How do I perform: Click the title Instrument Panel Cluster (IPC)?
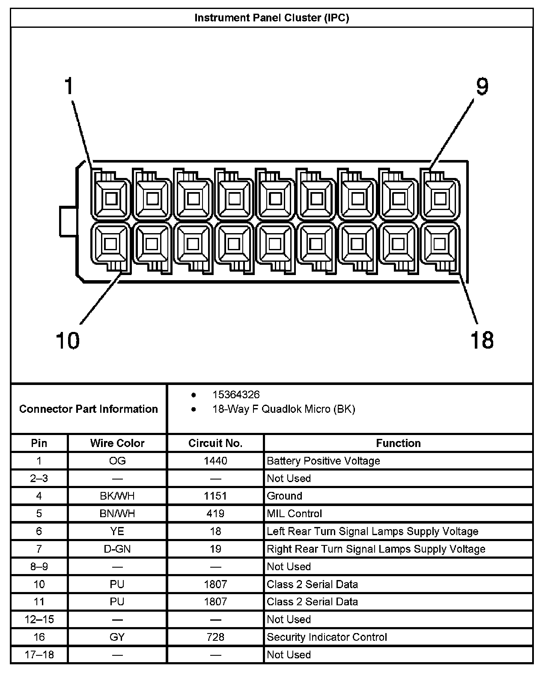[271, 18]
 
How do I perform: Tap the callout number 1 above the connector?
[68, 86]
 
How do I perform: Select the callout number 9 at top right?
[482, 87]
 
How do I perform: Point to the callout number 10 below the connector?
[68, 340]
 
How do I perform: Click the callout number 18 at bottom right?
[482, 340]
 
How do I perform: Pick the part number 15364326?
[236, 395]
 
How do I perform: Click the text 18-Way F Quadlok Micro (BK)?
[283, 409]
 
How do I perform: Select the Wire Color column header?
[117, 443]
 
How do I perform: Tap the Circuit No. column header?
[215, 443]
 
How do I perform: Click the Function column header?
[398, 443]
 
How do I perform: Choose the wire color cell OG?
[117, 461]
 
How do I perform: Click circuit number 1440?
[215, 461]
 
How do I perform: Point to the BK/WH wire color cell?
[117, 496]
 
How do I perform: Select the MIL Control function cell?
[294, 514]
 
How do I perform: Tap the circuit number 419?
[215, 514]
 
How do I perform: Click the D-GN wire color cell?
[117, 549]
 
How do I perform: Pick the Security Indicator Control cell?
[327, 637]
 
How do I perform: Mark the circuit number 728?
[215, 637]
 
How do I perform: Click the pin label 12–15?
[39, 619]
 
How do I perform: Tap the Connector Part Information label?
[89, 409]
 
